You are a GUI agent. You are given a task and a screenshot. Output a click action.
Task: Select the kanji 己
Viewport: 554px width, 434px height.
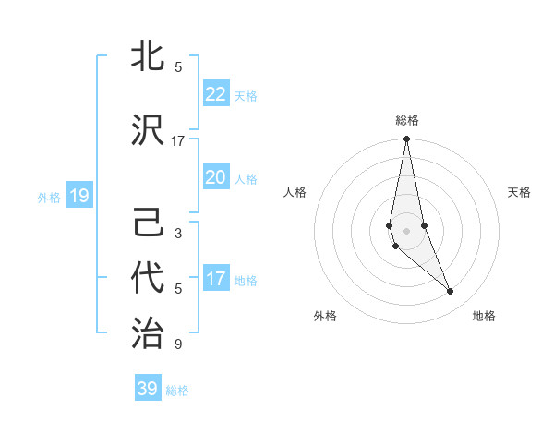[148, 224]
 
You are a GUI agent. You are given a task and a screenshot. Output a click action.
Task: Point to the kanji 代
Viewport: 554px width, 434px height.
[148, 277]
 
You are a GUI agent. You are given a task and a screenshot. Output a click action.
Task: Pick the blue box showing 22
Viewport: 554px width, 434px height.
[215, 93]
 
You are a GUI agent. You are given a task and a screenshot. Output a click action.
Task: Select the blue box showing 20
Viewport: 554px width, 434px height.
[215, 176]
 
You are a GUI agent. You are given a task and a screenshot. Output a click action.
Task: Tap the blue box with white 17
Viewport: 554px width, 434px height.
[215, 278]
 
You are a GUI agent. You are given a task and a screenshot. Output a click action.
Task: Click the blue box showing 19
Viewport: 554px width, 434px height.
[78, 195]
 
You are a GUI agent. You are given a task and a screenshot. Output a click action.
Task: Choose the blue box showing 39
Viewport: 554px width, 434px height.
[148, 388]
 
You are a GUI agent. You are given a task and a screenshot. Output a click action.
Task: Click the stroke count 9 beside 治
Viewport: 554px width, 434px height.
[178, 344]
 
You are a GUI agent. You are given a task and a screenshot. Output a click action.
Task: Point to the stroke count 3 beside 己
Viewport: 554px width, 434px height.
[178, 234]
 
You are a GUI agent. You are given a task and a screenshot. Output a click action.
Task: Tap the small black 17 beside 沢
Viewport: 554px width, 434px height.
[178, 141]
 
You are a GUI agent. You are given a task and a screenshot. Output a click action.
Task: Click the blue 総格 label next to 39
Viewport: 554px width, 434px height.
[177, 391]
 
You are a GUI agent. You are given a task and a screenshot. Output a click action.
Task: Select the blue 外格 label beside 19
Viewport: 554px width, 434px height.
[48, 197]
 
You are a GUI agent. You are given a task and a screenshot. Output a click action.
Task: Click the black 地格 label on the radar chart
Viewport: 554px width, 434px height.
[484, 317]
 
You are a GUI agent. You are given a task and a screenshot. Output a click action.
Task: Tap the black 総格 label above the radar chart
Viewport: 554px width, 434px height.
[406, 120]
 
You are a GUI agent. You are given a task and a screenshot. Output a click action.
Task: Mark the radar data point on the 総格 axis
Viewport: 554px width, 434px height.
[406, 139]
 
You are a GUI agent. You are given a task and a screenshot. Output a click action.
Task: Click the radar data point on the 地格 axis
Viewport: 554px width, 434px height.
[451, 292]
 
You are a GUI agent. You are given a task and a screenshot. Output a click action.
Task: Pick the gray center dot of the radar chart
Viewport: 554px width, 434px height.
[406, 230]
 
